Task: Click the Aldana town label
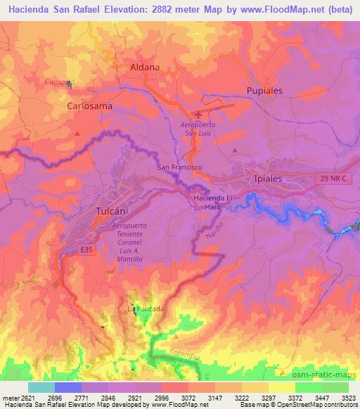point(146,67)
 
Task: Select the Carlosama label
point(89,105)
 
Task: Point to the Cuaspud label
point(59,82)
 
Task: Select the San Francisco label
point(179,167)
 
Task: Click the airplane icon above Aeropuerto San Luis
point(198,114)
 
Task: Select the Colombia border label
point(186,355)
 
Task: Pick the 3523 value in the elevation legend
point(348,398)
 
